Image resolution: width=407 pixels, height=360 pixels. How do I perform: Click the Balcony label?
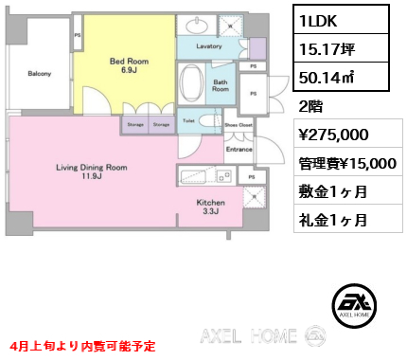[x=39, y=74]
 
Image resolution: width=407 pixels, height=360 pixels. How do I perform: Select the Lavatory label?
[x=209, y=45]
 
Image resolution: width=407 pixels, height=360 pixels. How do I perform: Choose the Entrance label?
[x=238, y=149]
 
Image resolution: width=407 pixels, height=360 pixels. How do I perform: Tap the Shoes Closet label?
[x=238, y=124]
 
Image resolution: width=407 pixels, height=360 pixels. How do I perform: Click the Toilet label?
[x=188, y=121]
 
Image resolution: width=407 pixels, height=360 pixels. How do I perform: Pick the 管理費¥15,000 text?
[x=346, y=163]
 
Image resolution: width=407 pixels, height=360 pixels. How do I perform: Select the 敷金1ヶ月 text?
[x=331, y=191]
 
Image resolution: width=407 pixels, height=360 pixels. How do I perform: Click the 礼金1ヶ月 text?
[x=331, y=220]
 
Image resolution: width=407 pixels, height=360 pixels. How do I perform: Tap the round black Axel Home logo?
[x=357, y=302]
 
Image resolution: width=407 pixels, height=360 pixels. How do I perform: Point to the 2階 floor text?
[x=310, y=106]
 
